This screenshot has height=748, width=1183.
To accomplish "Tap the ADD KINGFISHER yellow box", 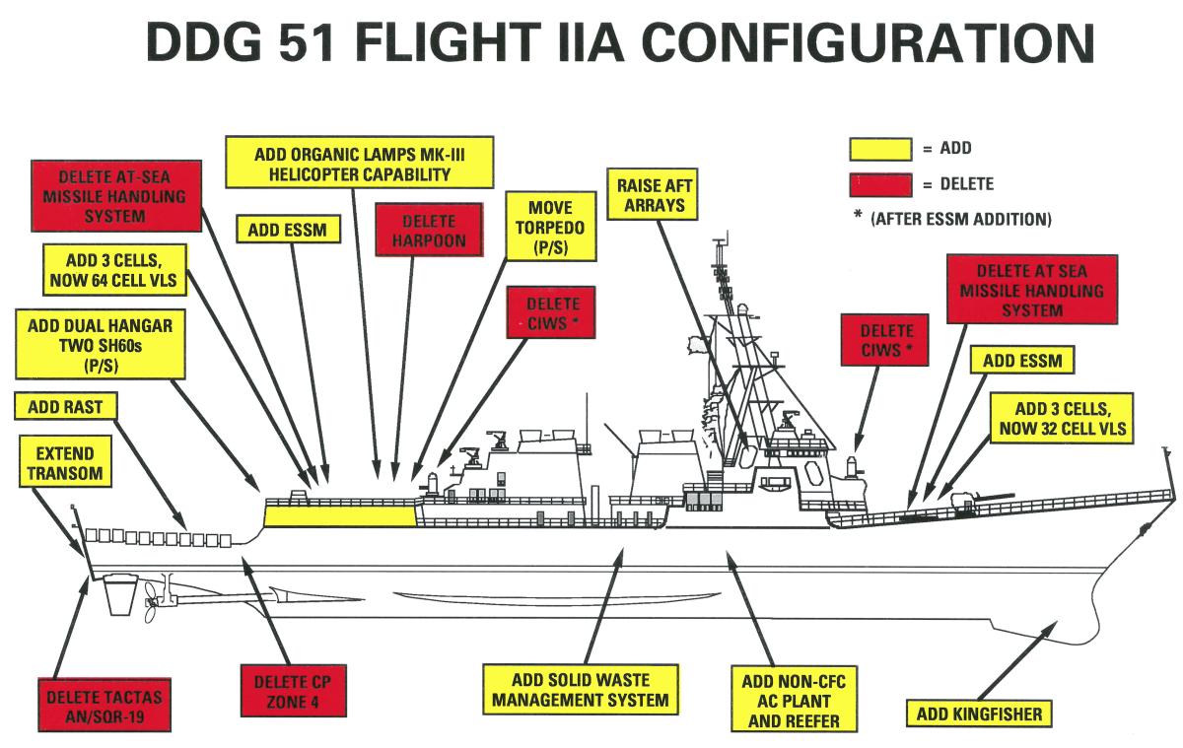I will click(979, 714).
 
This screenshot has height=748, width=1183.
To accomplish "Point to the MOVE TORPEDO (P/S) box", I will click(551, 226).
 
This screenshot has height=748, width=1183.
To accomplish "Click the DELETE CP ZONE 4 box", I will click(294, 692).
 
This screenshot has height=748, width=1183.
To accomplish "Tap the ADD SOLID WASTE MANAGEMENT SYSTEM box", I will click(581, 690).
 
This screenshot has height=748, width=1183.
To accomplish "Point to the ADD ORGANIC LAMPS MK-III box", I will click(359, 164).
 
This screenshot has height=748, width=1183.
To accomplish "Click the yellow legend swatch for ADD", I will click(880, 149).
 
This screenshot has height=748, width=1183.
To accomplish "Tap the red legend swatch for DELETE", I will click(880, 184).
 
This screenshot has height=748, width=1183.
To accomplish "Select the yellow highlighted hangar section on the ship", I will click(339, 513).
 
